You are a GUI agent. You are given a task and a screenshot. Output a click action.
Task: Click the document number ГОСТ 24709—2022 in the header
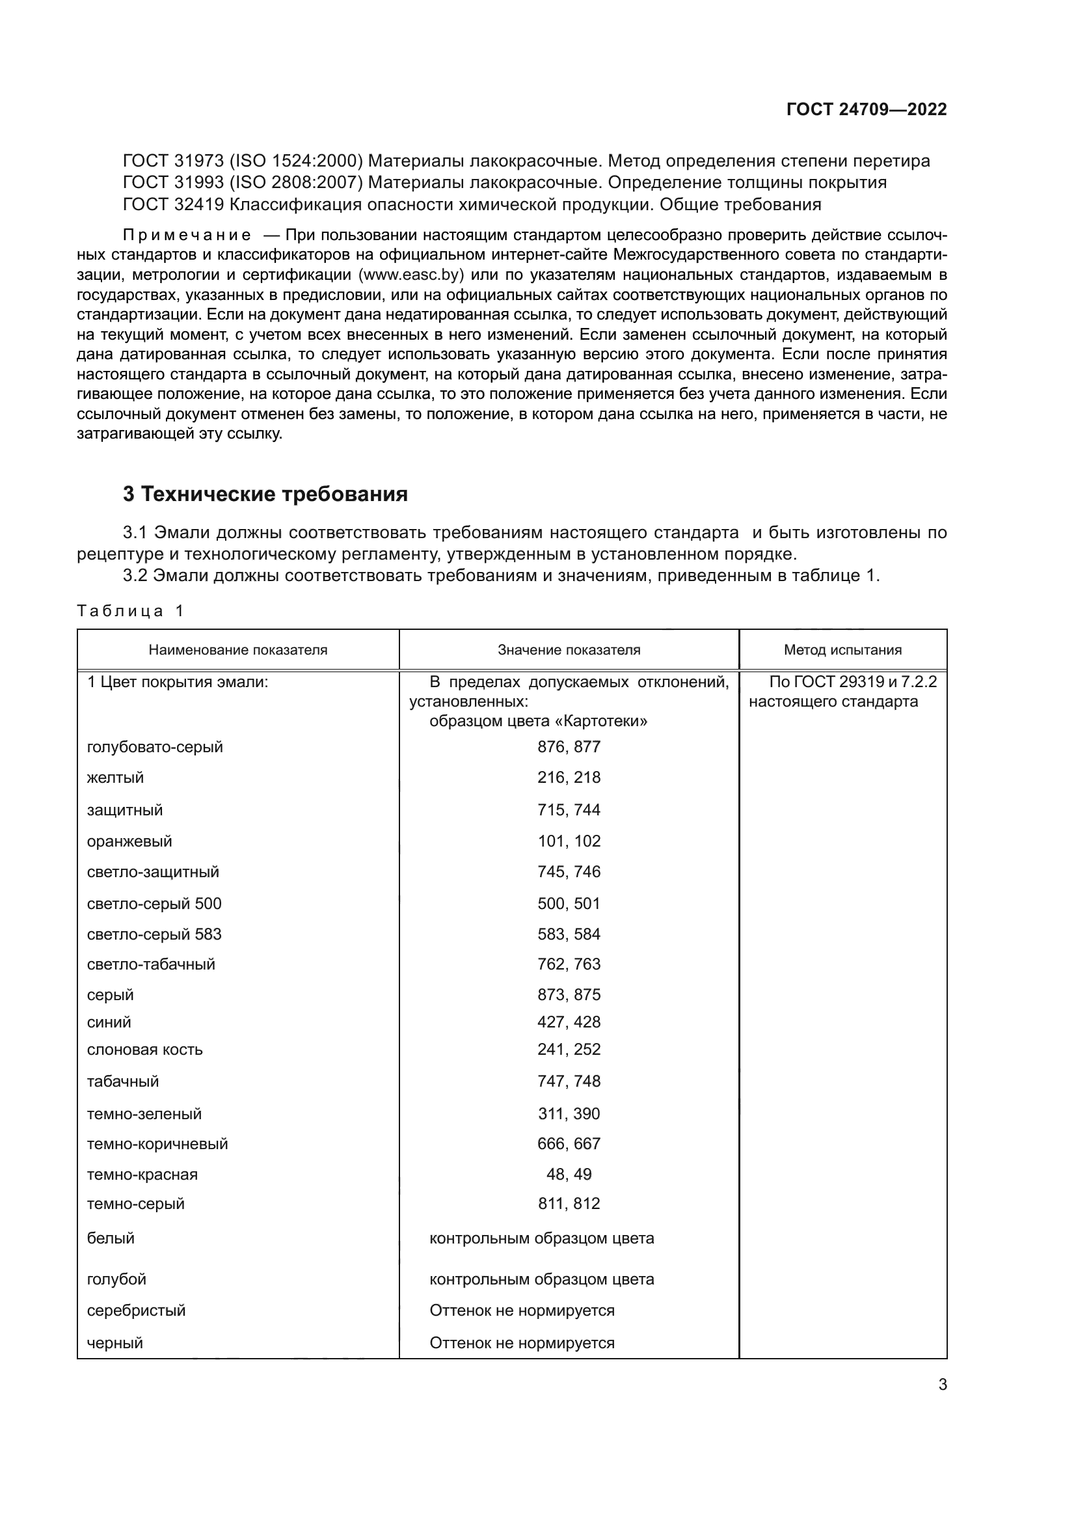point(867,109)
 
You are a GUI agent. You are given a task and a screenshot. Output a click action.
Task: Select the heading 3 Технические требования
point(265,494)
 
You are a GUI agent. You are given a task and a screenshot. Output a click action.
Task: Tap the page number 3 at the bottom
point(943,1384)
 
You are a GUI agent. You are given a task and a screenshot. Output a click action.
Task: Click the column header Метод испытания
point(842,649)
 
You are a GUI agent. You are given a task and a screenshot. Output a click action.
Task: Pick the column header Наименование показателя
point(238,649)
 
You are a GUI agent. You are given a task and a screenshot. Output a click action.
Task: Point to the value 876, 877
point(569,746)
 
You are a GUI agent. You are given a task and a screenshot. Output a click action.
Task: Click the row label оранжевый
point(129,841)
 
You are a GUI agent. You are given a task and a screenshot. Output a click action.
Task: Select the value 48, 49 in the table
point(569,1174)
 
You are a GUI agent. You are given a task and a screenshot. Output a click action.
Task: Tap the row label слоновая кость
point(144,1050)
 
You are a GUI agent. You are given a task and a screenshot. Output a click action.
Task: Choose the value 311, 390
point(569,1113)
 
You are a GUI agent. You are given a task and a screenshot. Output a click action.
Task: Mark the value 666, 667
point(569,1143)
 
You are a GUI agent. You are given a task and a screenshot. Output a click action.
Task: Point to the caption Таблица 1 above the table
point(130,610)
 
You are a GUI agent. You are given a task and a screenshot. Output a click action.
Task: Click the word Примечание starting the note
point(187,235)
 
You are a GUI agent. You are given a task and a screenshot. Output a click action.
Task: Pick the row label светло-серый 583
point(154,934)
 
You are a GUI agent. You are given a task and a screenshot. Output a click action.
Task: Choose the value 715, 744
point(569,809)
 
